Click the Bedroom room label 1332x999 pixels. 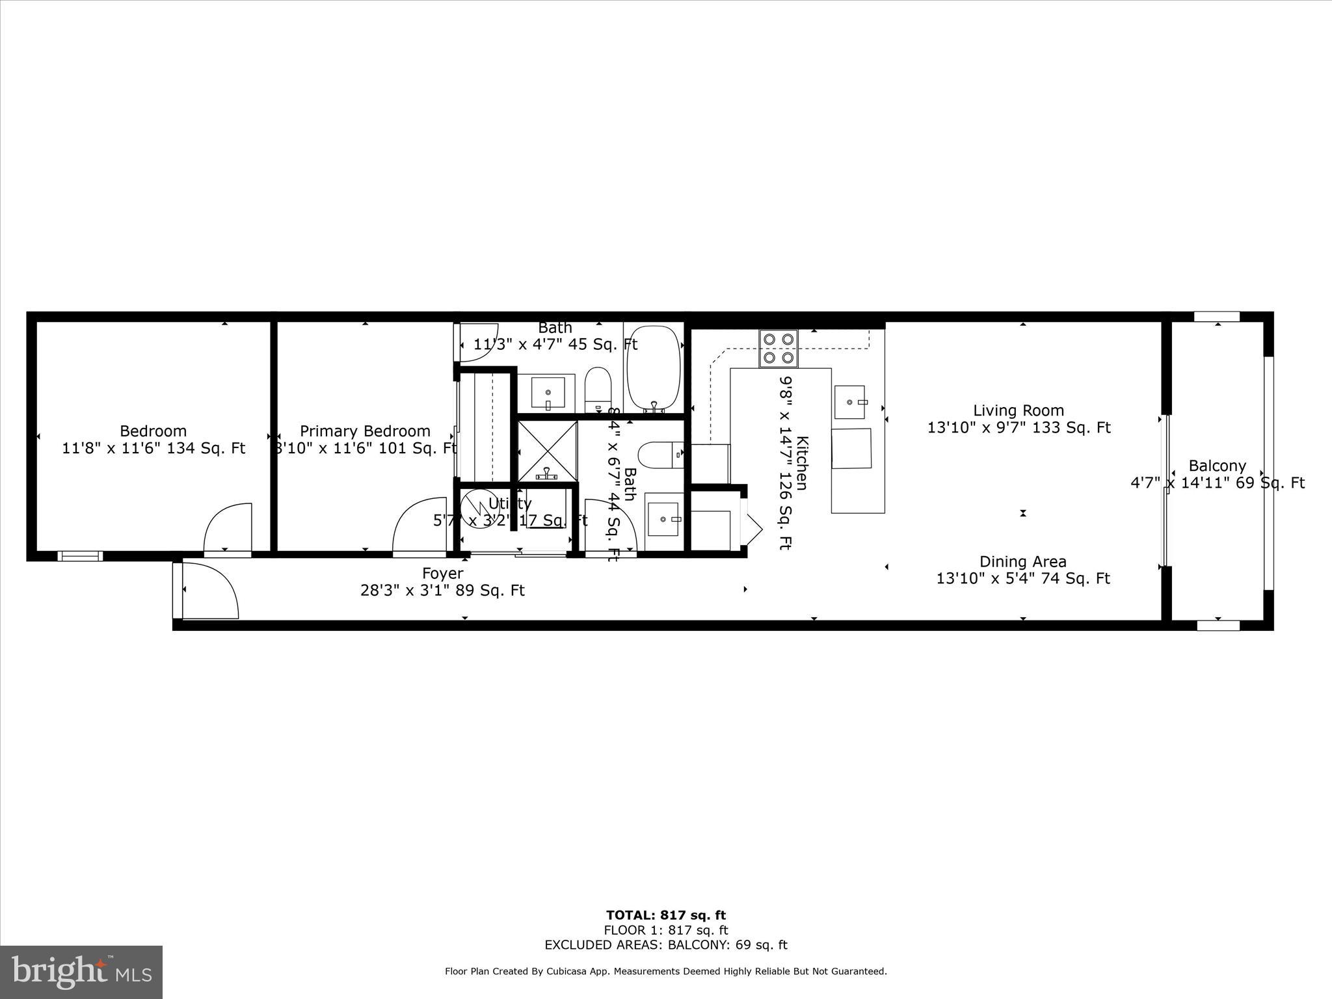click(153, 431)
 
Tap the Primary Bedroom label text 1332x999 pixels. click(365, 431)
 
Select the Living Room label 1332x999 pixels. click(1019, 410)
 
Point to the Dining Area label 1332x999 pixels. click(1022, 561)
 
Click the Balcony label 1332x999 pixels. click(1217, 466)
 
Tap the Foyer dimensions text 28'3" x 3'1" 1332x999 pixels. click(442, 591)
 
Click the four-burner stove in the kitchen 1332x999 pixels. click(778, 348)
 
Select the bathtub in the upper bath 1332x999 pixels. click(653, 367)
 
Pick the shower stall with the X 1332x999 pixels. click(547, 450)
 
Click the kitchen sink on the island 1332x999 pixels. click(850, 402)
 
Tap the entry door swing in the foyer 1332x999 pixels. click(209, 591)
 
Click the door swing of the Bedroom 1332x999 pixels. click(228, 528)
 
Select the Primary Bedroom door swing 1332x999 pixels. click(418, 526)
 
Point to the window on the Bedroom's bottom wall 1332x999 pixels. click(80, 556)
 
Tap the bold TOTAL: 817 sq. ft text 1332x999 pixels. click(665, 916)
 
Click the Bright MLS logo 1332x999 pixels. click(81, 972)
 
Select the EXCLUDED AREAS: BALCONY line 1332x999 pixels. click(665, 945)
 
